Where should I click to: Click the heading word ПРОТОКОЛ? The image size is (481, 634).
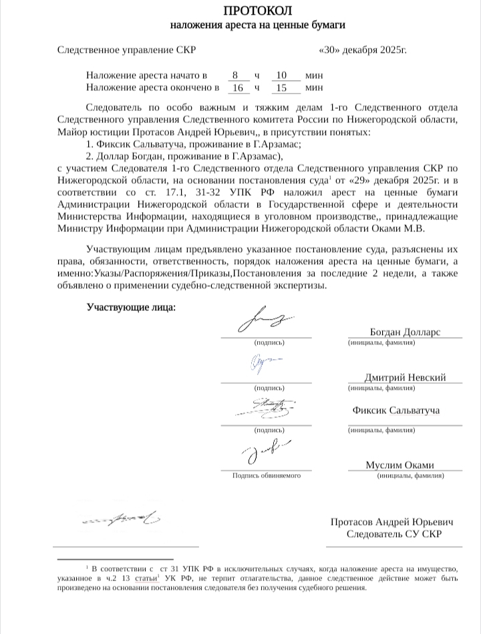[x=257, y=11]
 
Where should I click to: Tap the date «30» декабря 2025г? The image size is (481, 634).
[x=363, y=50]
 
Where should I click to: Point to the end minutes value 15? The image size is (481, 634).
[x=281, y=87]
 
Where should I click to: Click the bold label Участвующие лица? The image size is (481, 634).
[x=131, y=308]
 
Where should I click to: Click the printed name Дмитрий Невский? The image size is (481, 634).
[x=405, y=377]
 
